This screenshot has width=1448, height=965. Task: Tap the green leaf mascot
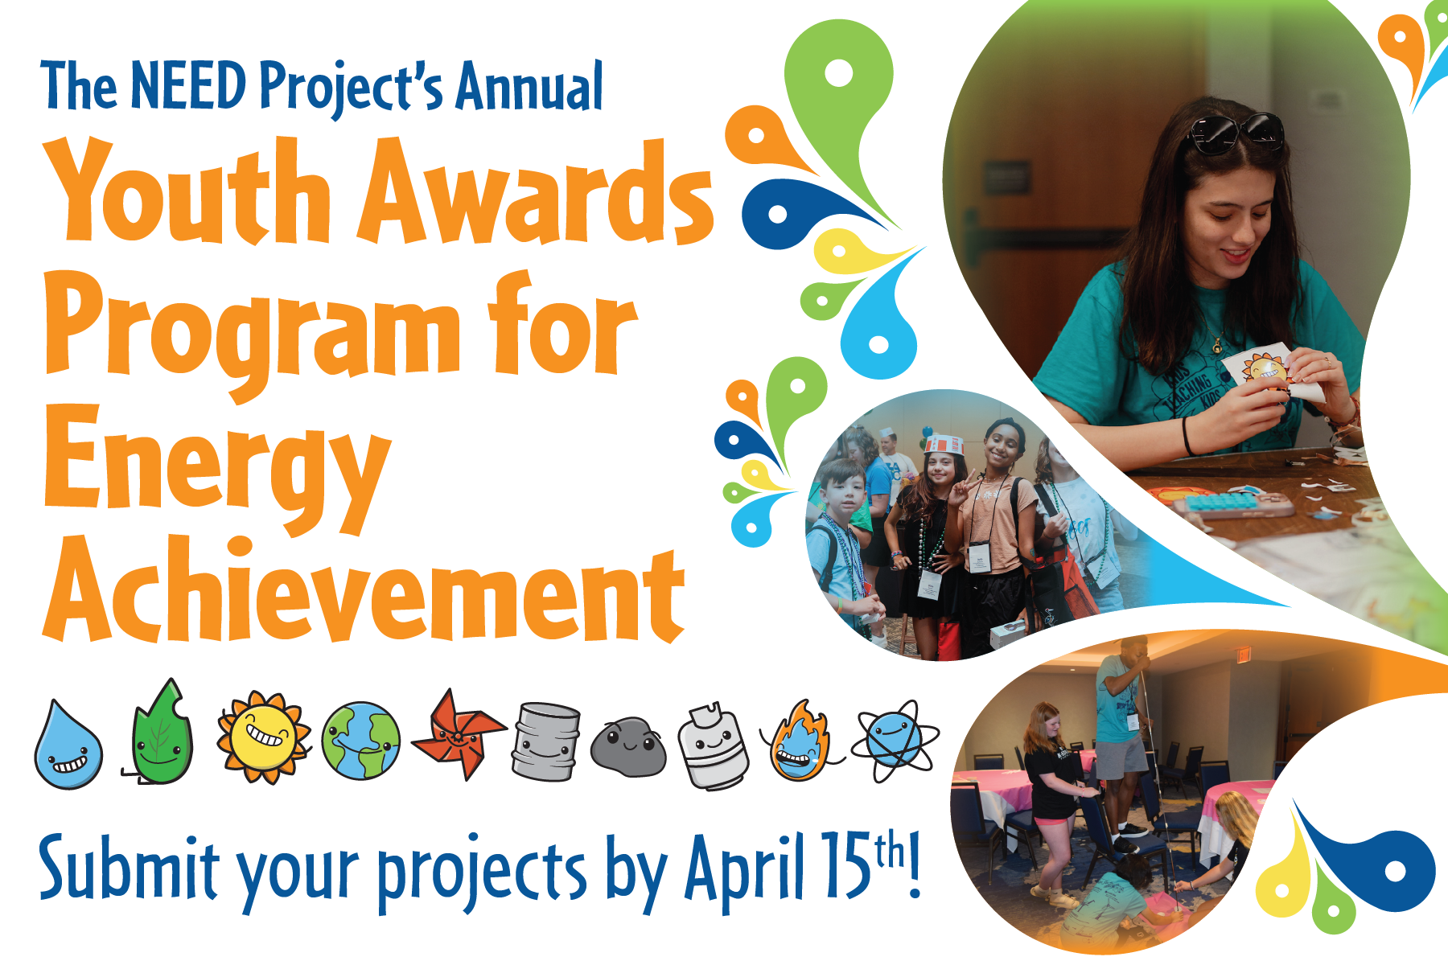tap(162, 733)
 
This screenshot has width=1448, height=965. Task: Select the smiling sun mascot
tap(264, 737)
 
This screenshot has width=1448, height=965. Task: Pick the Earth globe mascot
tap(360, 741)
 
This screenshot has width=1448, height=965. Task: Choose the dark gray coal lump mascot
tap(628, 747)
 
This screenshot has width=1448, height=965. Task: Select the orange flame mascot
tap(799, 742)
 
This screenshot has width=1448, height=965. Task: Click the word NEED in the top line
tap(188, 84)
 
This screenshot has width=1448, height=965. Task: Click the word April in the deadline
tap(744, 868)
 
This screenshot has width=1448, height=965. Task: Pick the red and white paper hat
tap(944, 445)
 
